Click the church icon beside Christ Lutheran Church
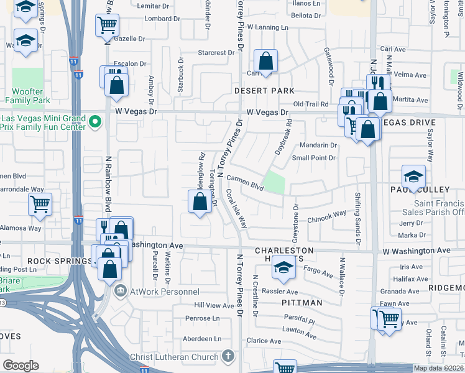coord(228,356)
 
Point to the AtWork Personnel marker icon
coord(120,290)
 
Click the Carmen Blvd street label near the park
coord(241,181)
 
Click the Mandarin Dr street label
coord(318,145)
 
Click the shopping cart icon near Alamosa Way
coord(40,203)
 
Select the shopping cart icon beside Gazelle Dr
coord(107,25)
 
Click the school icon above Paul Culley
coord(413,176)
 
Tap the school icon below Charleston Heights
coord(283,268)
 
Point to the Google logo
coord(21,366)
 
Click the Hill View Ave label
coord(214,305)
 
